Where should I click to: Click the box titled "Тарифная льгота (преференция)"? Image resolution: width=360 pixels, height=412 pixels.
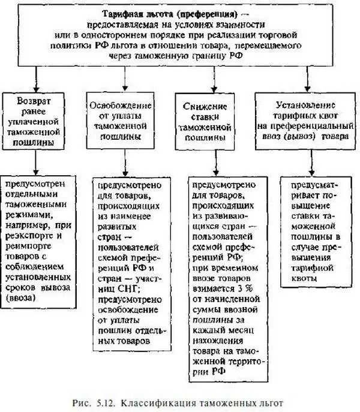[180, 37]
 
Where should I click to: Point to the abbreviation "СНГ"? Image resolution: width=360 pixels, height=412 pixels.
[113, 275]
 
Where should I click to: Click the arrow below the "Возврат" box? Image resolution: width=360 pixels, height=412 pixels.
[34, 161]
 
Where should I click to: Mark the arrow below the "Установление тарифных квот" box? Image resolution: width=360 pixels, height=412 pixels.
[312, 161]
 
